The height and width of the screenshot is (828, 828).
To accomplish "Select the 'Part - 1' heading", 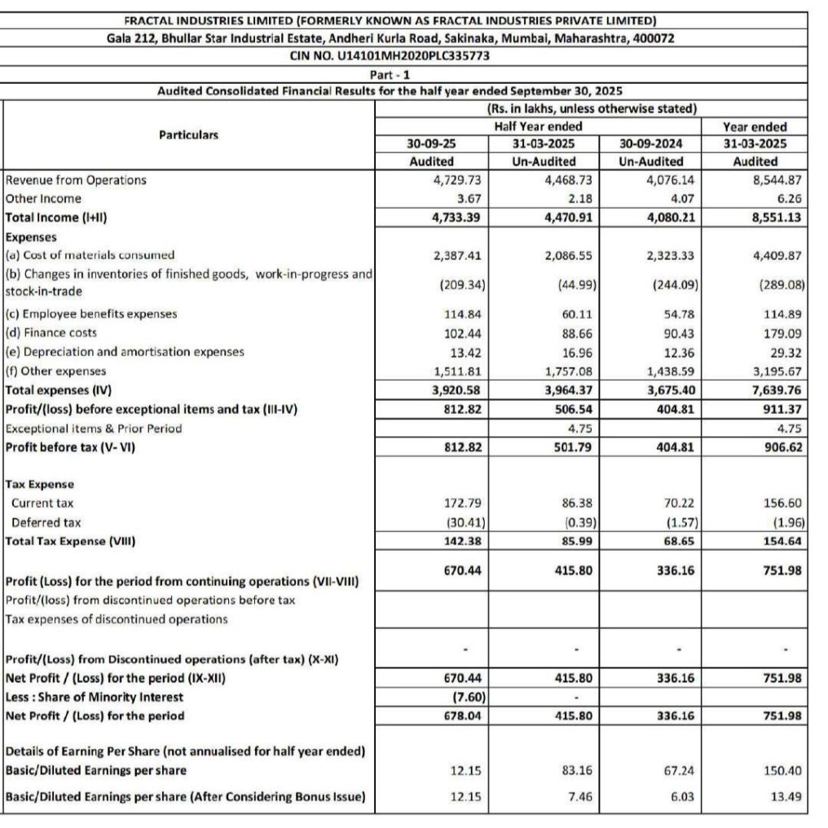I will coord(390,74).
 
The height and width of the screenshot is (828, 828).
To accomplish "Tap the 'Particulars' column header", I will coord(188,134).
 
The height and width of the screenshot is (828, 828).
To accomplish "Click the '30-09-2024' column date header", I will coord(650,143).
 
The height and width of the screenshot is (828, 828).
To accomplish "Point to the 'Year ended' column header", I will coord(755,126).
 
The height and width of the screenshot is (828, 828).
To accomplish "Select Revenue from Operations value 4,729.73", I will coord(458,180).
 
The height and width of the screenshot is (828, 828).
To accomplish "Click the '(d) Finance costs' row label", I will coord(51,333).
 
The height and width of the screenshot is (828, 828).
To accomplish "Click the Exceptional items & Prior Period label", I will coord(94,428).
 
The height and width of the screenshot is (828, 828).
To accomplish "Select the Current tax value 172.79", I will coord(462,504).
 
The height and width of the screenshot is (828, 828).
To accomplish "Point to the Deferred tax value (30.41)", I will coord(461,522).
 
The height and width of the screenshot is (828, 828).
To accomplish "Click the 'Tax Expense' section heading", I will coord(39,484).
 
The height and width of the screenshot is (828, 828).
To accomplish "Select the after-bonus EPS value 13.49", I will coord(781,797).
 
